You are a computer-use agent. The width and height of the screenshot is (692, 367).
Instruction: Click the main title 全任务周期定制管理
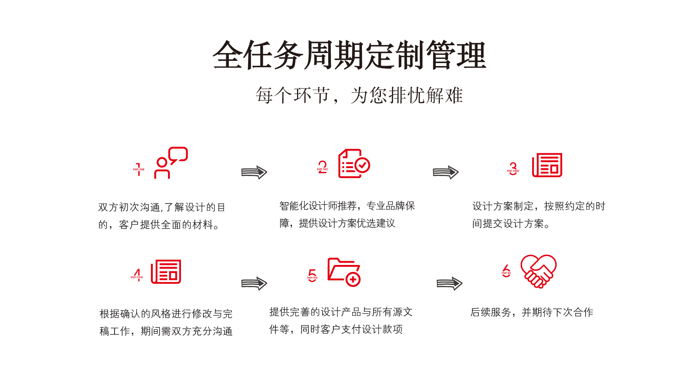(349, 55)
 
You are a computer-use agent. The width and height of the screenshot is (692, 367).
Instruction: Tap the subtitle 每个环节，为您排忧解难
(359, 95)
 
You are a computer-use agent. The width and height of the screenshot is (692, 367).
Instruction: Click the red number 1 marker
(139, 169)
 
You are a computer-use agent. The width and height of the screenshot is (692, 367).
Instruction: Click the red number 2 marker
(323, 167)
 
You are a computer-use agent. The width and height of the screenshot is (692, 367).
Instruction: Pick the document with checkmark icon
(354, 164)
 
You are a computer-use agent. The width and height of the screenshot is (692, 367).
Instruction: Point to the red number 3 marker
(513, 168)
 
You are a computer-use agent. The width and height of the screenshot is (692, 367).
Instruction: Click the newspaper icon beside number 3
(547, 165)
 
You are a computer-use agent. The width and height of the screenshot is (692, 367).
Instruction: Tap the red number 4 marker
(137, 275)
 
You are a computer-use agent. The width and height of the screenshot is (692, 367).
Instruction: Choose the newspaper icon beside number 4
(166, 272)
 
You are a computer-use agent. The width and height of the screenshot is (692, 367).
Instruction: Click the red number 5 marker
(313, 275)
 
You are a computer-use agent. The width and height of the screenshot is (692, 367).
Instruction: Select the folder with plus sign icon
(344, 272)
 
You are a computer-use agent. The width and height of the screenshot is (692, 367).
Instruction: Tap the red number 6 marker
(506, 271)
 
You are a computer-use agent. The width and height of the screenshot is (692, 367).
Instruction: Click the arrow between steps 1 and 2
(254, 172)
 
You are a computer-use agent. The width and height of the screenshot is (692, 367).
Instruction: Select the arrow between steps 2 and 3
(445, 172)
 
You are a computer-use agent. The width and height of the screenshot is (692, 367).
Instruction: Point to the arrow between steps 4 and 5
(254, 284)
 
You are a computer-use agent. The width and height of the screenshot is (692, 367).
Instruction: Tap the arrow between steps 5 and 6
(449, 284)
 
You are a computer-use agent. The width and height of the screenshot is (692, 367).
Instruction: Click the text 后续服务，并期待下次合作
(531, 312)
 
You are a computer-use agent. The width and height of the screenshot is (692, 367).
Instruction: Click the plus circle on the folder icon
(353, 279)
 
